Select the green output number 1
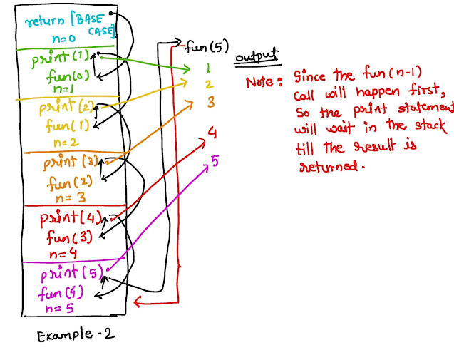(207, 69)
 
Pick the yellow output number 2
(208, 85)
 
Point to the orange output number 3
(210, 102)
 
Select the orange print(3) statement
(68, 161)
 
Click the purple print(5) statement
(69, 273)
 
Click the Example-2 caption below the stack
(71, 333)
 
